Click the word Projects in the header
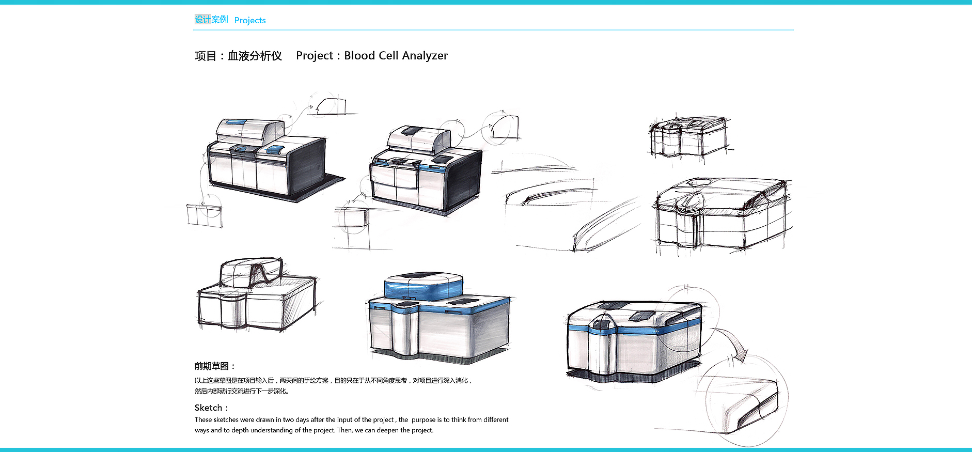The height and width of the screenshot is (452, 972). tap(250, 20)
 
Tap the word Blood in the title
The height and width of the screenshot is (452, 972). tap(359, 55)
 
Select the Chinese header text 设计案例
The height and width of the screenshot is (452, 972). tap(211, 20)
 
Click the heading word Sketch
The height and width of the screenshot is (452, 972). tap(208, 408)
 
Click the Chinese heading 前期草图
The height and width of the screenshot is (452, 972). tap(212, 366)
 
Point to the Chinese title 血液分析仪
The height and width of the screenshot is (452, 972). tap(255, 56)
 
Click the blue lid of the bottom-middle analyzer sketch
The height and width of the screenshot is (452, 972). tap(424, 287)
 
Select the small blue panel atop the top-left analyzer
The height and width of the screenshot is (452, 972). tap(236, 122)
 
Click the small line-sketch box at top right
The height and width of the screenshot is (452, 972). tap(689, 136)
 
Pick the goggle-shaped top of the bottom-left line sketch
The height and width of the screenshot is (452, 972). tap(252, 272)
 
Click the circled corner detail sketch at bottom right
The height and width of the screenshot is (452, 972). tap(747, 401)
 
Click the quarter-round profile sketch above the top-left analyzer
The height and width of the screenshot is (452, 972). tap(331, 106)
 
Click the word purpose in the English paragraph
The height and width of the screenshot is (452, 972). tap(424, 419)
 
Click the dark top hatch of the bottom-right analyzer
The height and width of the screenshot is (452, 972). tap(641, 316)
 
